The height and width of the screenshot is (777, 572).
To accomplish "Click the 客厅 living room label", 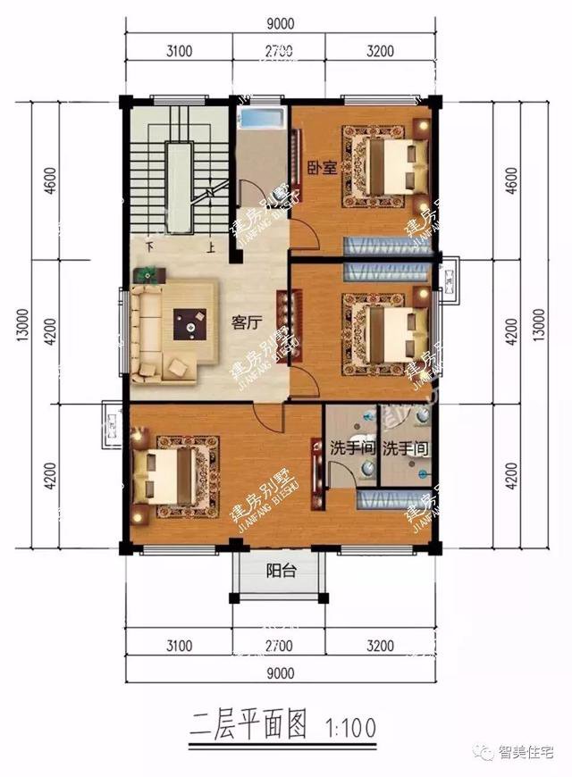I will click(x=246, y=322).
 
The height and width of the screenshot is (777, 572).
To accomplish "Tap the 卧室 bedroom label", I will click(x=322, y=167).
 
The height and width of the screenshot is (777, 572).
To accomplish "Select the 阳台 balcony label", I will click(x=281, y=571).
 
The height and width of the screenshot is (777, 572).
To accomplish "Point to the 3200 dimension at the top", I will click(x=380, y=51).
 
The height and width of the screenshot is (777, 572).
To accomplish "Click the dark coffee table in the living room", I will click(x=192, y=323).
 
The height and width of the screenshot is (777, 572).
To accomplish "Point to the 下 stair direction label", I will click(x=149, y=249).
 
